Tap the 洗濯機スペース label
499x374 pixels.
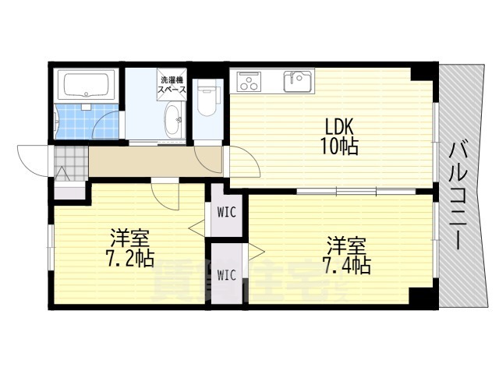(x=172, y=85)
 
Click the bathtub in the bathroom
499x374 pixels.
(x=87, y=85)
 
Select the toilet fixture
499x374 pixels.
(x=207, y=101)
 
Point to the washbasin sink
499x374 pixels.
(x=172, y=121)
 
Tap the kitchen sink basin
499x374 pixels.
(x=297, y=80)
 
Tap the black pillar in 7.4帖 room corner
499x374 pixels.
(x=421, y=298)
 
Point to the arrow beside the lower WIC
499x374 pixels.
(x=254, y=251)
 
